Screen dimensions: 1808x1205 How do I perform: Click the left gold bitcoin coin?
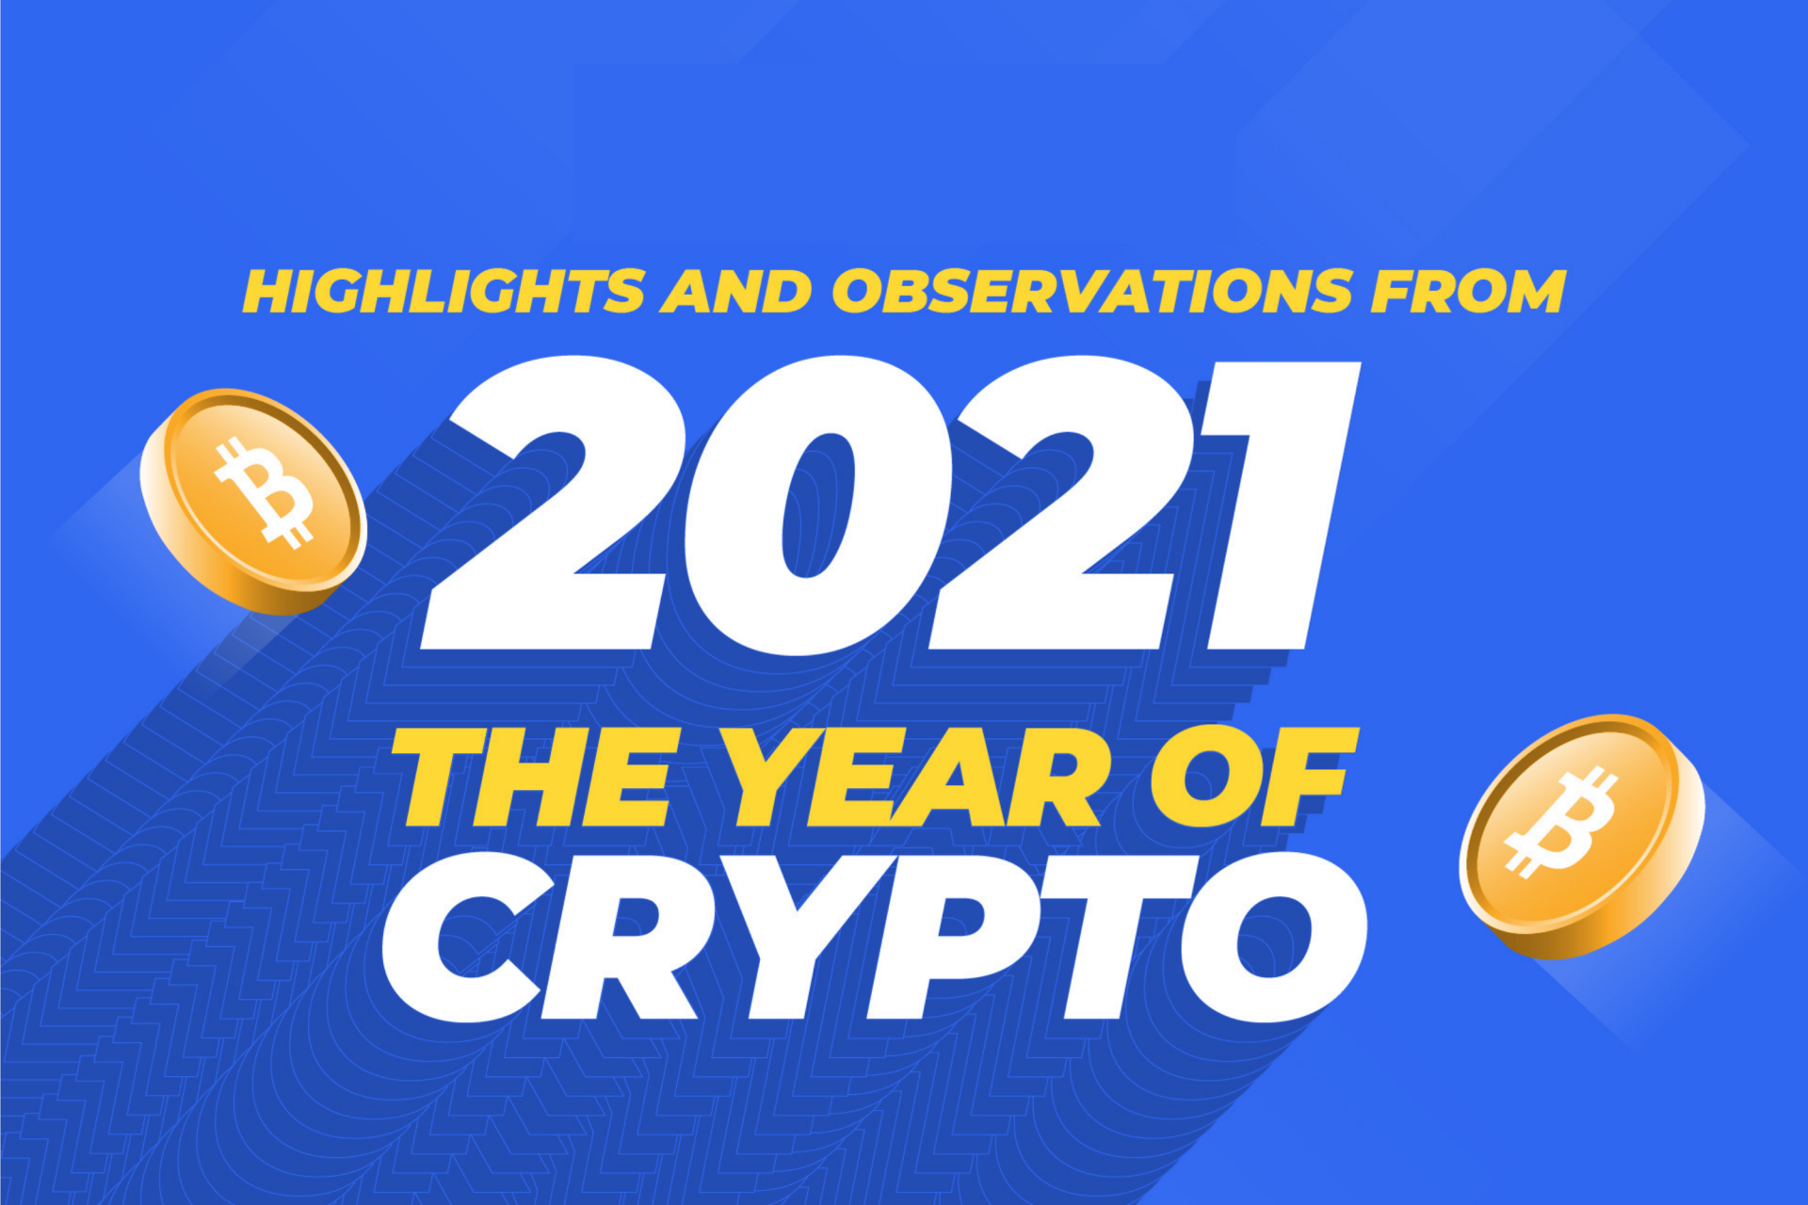tap(252, 500)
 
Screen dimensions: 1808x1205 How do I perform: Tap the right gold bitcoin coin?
tap(1581, 836)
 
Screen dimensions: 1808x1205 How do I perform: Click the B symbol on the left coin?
tap(264, 490)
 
